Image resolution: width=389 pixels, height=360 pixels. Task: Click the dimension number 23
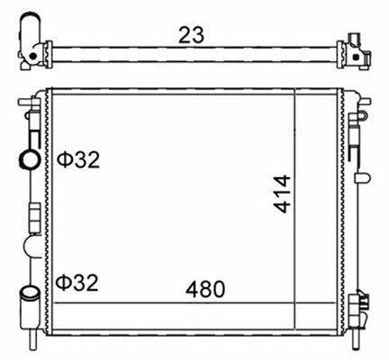[191, 35]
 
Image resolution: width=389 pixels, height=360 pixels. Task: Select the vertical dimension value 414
[282, 194]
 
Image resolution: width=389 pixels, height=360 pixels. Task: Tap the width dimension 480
[205, 289]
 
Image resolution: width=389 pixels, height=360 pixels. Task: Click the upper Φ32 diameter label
[78, 159]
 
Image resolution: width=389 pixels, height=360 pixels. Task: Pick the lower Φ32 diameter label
[77, 283]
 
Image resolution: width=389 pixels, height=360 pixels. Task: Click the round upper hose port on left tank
[29, 159]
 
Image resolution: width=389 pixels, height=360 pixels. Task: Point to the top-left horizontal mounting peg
[29, 102]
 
